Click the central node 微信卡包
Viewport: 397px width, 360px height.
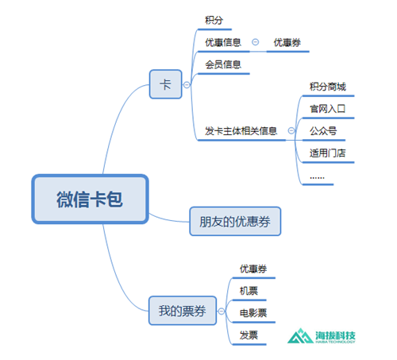click(90, 199)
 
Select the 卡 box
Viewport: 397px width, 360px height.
click(166, 84)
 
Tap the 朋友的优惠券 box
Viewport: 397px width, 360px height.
click(235, 221)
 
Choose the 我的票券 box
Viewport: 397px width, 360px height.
click(183, 311)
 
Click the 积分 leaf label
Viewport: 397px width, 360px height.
click(214, 20)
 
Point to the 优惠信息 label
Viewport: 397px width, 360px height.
click(223, 42)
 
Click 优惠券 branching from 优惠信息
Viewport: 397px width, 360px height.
click(287, 42)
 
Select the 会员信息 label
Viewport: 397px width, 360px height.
click(223, 64)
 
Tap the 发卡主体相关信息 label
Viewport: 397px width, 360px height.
click(241, 131)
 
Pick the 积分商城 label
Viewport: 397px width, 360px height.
click(328, 87)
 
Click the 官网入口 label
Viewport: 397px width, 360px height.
click(328, 109)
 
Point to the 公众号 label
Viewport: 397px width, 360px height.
click(323, 131)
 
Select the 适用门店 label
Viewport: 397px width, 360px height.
click(328, 153)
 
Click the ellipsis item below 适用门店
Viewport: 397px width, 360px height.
click(317, 177)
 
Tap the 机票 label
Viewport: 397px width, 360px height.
click(249, 291)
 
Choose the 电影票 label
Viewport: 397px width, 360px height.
click(253, 313)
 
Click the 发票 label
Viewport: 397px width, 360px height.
click(249, 335)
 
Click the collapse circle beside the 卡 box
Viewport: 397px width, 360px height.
click(187, 85)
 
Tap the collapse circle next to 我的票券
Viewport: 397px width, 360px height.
click(222, 311)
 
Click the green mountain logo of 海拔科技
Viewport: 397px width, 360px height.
click(300, 336)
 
